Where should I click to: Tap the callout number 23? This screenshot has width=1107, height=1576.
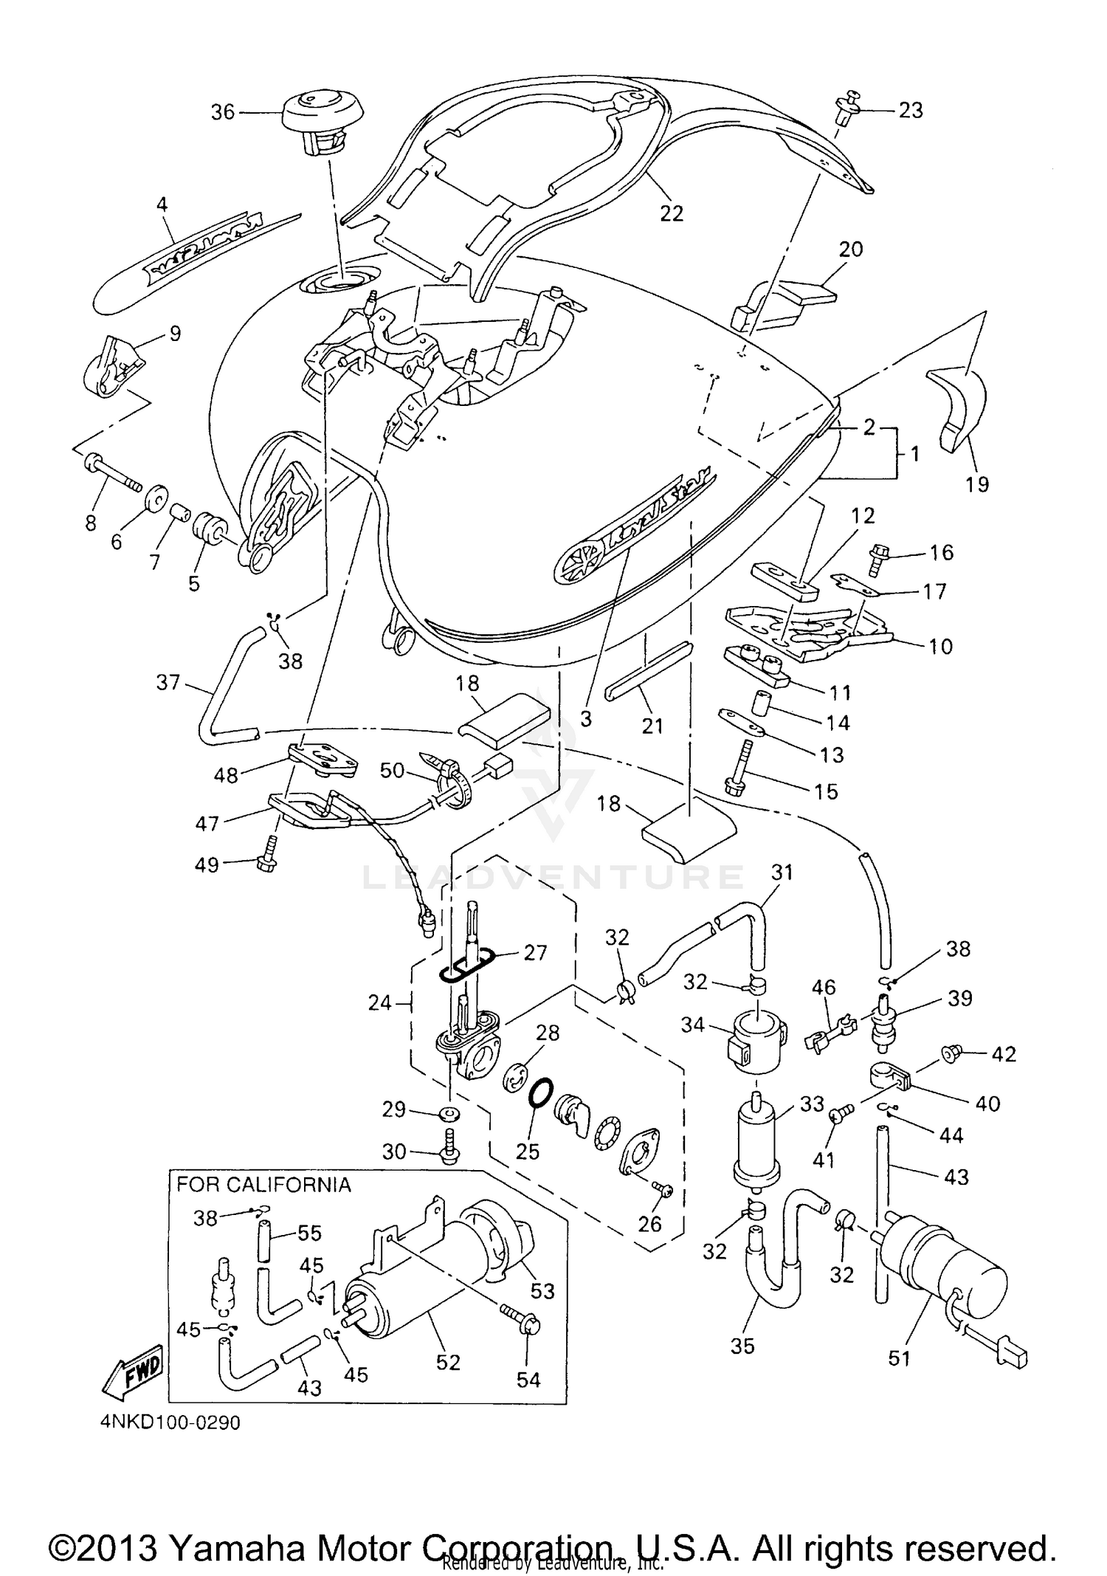click(911, 110)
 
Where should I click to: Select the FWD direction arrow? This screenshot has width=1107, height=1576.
click(135, 1374)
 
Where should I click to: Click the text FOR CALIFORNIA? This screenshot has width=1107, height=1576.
click(263, 1185)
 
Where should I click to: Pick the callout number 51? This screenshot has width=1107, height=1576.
click(899, 1358)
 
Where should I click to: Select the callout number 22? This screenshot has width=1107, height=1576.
click(672, 213)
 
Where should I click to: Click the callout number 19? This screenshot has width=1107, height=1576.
click(976, 484)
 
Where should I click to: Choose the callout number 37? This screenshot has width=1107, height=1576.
click(168, 681)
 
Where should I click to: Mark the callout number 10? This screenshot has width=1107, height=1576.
click(940, 646)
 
